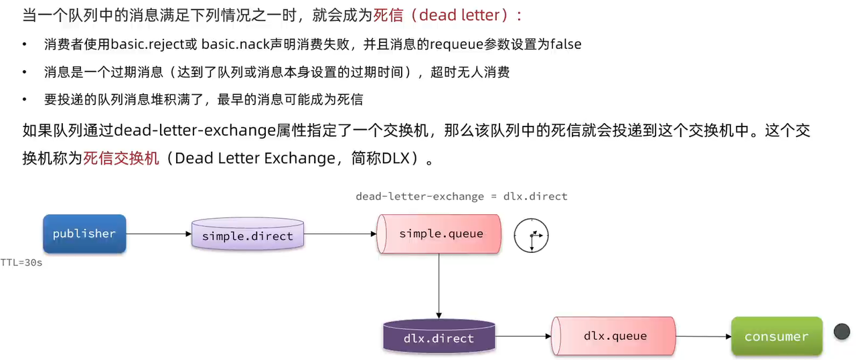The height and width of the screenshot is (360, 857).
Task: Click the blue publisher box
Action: click(x=84, y=234)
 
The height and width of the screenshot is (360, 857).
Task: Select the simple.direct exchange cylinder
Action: click(x=247, y=235)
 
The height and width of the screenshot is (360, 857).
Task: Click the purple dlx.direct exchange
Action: click(x=439, y=337)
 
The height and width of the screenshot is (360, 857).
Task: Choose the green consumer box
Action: click(x=777, y=337)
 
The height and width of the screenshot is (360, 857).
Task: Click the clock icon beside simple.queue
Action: click(x=531, y=236)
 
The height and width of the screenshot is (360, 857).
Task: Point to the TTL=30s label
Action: click(x=21, y=263)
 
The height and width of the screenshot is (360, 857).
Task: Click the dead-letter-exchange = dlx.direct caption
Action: click(x=461, y=196)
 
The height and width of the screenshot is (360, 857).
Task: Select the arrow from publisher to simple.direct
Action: click(x=159, y=234)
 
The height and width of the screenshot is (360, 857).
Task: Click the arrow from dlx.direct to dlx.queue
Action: click(x=523, y=337)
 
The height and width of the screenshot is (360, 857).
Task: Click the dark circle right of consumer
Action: click(x=842, y=331)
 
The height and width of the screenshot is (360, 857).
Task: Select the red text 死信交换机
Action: click(x=122, y=159)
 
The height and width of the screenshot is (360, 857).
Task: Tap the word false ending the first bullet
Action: click(x=566, y=45)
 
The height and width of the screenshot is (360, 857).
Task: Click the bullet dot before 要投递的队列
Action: click(x=25, y=100)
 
